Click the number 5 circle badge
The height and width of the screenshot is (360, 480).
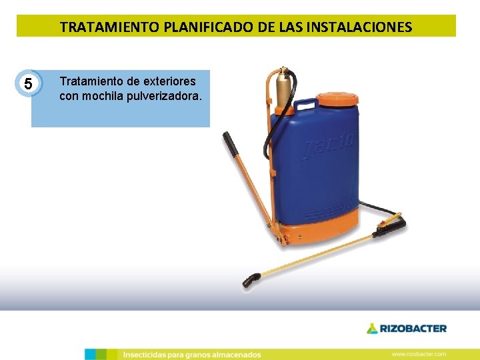[x=27, y=84]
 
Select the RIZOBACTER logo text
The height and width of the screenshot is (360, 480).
[x=413, y=328]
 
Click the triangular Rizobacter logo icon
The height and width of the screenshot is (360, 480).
[x=371, y=328]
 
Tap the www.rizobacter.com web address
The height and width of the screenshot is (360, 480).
[x=419, y=354]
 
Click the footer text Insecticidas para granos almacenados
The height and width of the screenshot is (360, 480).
[x=192, y=355]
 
